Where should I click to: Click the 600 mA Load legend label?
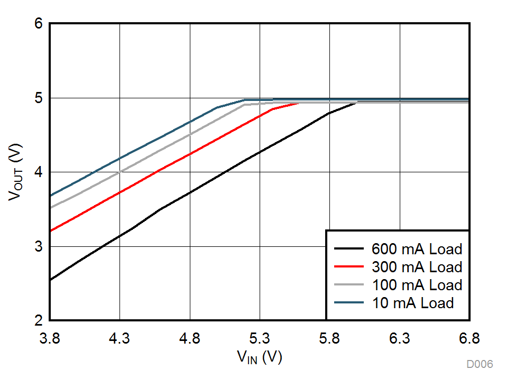[x=417, y=248]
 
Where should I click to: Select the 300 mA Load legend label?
[x=417, y=266]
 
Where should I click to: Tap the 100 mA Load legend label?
[x=417, y=284]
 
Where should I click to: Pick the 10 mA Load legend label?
[x=412, y=302]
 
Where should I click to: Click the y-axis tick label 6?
[x=39, y=24]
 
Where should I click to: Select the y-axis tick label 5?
[x=39, y=98]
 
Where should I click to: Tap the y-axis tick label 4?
[x=39, y=172]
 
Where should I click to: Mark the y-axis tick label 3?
[x=39, y=247]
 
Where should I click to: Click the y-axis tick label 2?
[x=39, y=321]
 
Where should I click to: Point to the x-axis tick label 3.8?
[x=50, y=338]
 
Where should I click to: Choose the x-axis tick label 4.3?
[x=119, y=338]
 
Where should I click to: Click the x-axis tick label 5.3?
[x=260, y=338]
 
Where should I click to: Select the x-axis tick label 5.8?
[x=329, y=338]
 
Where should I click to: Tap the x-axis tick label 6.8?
[x=468, y=338]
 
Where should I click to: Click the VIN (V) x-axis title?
[x=259, y=357]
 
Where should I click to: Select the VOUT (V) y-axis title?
[x=16, y=172]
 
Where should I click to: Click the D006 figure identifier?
[x=480, y=364]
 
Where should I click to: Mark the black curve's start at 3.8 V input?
[x=50, y=280]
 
